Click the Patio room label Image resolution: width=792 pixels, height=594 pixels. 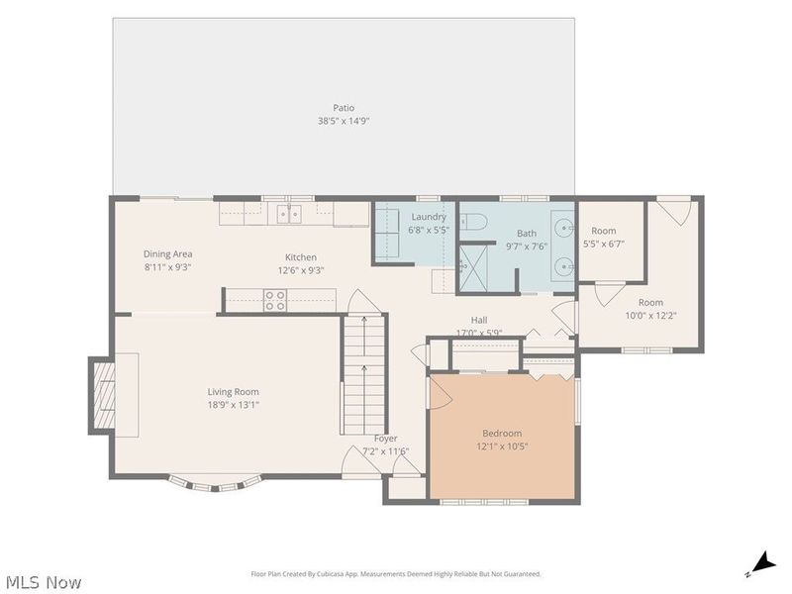pyautogui.click(x=344, y=108)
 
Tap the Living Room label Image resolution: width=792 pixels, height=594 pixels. pyautogui.click(x=234, y=391)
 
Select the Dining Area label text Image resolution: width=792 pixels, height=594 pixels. pyautogui.click(x=167, y=254)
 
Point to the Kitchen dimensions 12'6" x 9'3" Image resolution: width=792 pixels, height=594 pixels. pyautogui.click(x=301, y=270)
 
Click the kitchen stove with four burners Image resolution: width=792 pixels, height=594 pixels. pyautogui.click(x=275, y=300)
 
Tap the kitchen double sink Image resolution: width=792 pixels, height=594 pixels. pyautogui.click(x=289, y=214)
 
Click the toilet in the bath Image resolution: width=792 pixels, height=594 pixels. pyautogui.click(x=473, y=221)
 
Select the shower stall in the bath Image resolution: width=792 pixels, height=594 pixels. pyautogui.click(x=473, y=268)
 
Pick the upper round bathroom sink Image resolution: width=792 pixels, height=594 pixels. pyautogui.click(x=563, y=229)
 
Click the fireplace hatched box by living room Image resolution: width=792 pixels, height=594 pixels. pyautogui.click(x=104, y=395)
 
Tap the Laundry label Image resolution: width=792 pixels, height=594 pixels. pyautogui.click(x=429, y=217)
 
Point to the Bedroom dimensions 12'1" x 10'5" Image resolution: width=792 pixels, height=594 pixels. pyautogui.click(x=502, y=446)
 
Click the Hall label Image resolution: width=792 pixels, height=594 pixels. pyautogui.click(x=479, y=320)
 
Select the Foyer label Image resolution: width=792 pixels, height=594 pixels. pyautogui.click(x=386, y=439)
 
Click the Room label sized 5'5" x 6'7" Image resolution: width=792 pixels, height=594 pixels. pyautogui.click(x=604, y=231)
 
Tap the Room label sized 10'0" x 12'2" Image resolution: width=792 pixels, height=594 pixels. pyautogui.click(x=650, y=303)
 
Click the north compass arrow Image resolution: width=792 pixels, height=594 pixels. pyautogui.click(x=761, y=564)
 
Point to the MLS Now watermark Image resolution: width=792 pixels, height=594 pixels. pyautogui.click(x=41, y=582)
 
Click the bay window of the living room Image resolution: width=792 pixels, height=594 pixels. pyautogui.click(x=216, y=484)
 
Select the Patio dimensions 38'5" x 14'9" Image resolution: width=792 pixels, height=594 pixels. pyautogui.click(x=344, y=121)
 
